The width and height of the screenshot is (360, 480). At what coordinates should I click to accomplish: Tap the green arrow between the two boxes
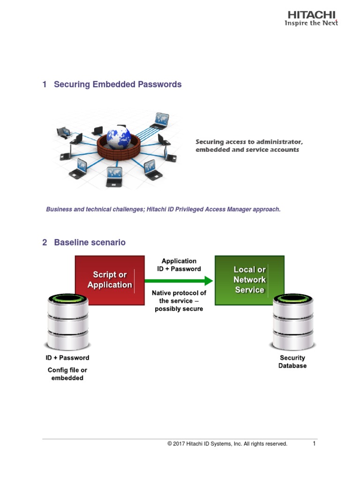pos(179,281)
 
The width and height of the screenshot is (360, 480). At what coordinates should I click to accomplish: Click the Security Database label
pos(292,361)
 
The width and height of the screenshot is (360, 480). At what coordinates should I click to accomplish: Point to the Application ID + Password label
pos(179,265)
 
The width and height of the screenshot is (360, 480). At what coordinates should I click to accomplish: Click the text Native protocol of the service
pos(179,300)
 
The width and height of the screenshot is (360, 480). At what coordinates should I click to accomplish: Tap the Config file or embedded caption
pos(67,374)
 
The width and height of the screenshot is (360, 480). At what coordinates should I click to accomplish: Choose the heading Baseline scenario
pos(90,242)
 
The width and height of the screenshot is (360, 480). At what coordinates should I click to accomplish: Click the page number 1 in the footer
pos(315,443)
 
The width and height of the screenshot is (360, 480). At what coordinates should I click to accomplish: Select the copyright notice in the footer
pos(227,444)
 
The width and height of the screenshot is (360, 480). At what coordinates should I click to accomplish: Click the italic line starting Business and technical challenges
pos(163,210)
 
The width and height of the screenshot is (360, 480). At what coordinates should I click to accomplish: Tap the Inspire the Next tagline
pos(311,23)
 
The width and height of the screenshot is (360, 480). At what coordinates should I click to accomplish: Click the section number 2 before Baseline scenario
pos(45,242)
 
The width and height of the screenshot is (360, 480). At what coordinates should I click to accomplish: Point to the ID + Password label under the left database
pos(67,358)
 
